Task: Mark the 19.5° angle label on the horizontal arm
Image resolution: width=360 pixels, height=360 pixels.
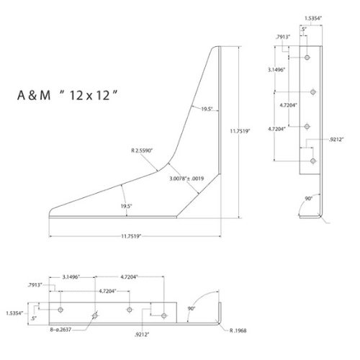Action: (126, 207)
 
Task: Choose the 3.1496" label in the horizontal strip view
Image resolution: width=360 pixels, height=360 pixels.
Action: (75, 276)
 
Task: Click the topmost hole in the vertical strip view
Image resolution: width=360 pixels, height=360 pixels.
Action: (307, 57)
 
